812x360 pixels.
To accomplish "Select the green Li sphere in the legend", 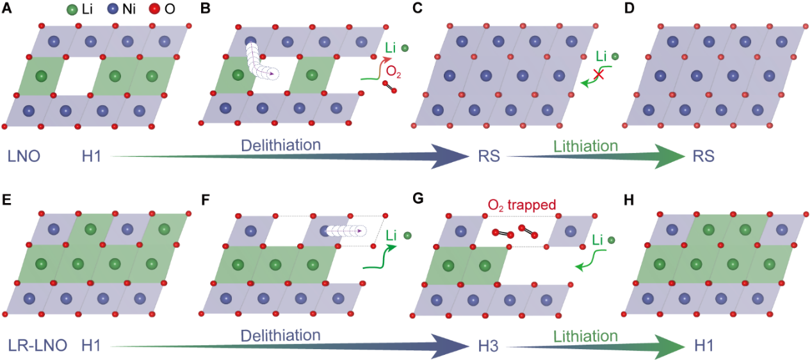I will point(72,11).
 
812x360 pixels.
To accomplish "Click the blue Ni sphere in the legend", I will point(113,11).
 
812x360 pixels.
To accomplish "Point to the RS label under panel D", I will point(704,156).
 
